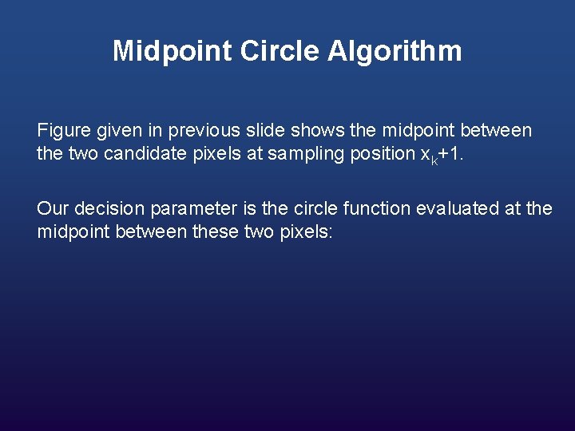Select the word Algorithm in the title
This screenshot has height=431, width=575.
click(395, 52)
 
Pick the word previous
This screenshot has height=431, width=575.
click(204, 130)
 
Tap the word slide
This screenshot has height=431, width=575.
click(264, 130)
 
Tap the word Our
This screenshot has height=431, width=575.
click(53, 209)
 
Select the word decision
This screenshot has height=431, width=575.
click(105, 209)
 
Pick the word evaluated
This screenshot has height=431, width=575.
click(452, 209)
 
